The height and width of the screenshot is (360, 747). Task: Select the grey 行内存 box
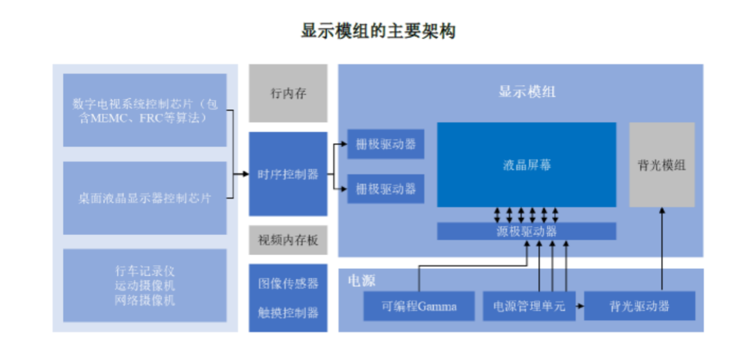[x=288, y=93]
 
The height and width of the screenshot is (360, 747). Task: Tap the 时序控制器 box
[x=288, y=174]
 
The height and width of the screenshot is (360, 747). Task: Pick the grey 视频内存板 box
[x=288, y=240]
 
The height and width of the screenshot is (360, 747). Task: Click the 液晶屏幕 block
[x=526, y=164]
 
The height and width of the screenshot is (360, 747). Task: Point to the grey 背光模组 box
[x=661, y=165]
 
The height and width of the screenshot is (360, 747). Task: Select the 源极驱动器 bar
[x=526, y=231]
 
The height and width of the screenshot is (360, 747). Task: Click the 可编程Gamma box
[x=419, y=306]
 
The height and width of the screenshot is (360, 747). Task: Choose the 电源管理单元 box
[x=529, y=306]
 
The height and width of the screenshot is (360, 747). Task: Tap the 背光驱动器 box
[x=639, y=306]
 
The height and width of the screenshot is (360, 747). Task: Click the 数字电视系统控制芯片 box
[x=144, y=110]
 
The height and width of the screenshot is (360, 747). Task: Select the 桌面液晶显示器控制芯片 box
[x=144, y=198]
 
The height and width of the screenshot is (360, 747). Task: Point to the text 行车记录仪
[x=144, y=271]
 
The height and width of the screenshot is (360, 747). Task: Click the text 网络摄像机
[x=144, y=300]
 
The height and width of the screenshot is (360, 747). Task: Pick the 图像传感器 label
[x=288, y=283]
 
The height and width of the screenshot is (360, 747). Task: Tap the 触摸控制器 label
[x=288, y=312]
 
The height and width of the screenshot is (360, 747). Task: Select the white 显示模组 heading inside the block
[x=526, y=92]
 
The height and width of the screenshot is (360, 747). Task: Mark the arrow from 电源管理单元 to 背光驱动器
[x=579, y=306]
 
